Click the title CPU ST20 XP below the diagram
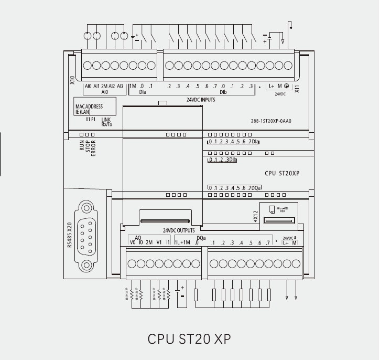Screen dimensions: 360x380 [x=189, y=338]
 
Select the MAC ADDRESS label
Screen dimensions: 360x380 [x=89, y=107]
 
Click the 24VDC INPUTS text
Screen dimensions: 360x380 [x=201, y=99]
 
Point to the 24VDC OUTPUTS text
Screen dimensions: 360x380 [x=179, y=230]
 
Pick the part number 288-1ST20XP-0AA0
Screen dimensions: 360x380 [x=270, y=121]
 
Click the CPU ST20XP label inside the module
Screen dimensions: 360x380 [x=282, y=173]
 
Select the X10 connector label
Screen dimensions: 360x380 [x=72, y=80]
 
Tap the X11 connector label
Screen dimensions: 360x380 [x=297, y=89]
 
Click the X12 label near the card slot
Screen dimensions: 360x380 [x=255, y=217]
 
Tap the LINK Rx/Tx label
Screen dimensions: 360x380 [x=106, y=122]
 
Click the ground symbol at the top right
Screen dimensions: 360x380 [x=290, y=25]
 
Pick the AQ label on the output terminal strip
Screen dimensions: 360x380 [x=138, y=238]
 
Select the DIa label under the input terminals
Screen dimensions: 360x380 [x=143, y=92]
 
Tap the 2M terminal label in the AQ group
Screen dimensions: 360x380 [x=149, y=242]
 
